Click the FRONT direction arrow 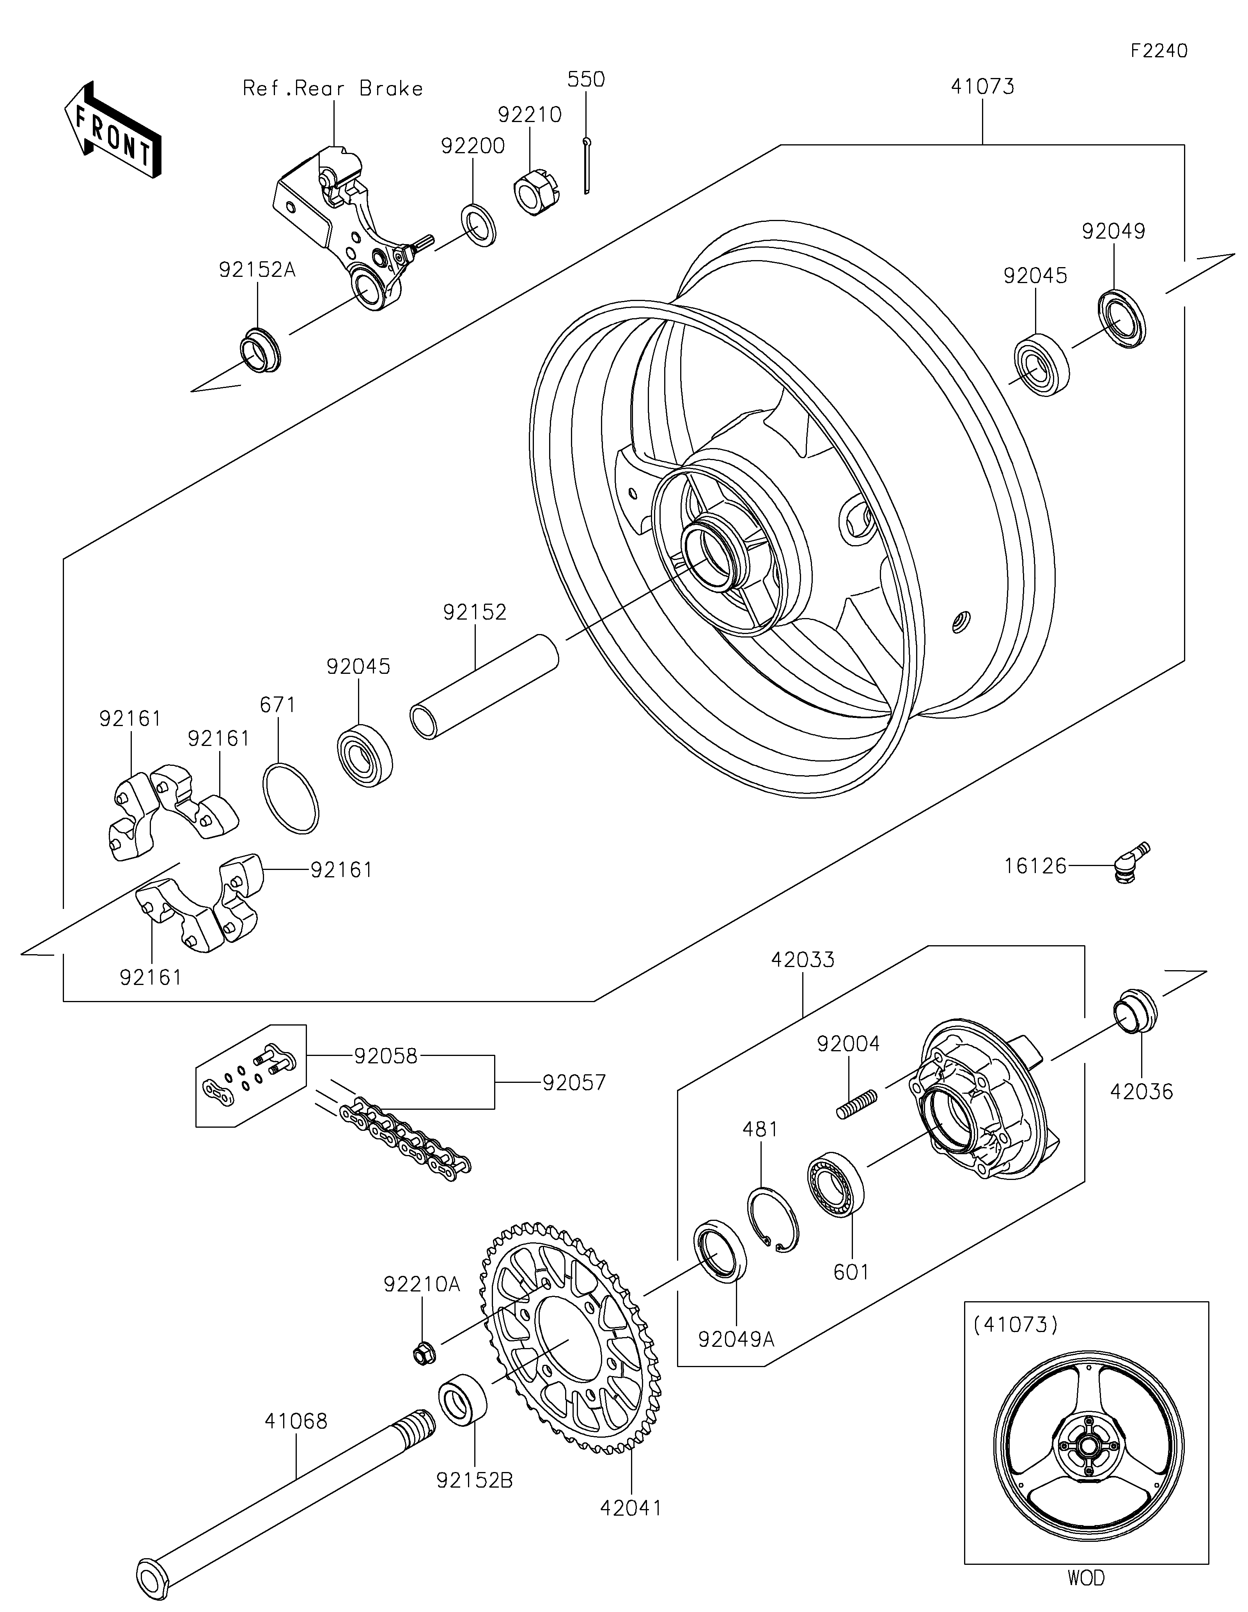[x=113, y=129]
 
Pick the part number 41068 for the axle [x=297, y=1421]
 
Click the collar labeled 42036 [x=1135, y=1008]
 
